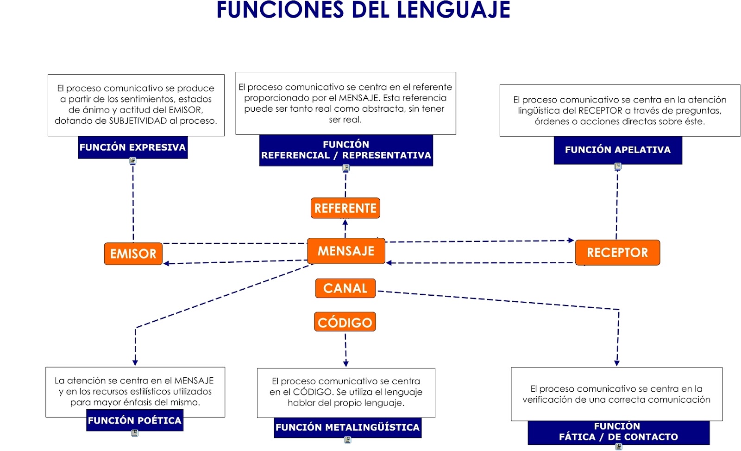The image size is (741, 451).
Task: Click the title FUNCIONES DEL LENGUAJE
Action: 363,10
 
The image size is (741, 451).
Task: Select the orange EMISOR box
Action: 133,254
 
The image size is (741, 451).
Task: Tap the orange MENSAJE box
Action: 345,251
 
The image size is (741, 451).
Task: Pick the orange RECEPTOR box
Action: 617,253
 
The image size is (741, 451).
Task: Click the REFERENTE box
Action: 345,208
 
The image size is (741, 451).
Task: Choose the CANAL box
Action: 345,288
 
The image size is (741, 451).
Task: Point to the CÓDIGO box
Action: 345,322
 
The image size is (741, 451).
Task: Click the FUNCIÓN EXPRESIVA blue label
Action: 132,147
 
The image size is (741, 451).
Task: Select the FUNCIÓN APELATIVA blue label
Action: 617,150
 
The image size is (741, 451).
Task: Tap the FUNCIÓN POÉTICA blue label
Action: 134,420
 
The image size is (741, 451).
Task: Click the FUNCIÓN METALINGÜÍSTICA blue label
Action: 347,427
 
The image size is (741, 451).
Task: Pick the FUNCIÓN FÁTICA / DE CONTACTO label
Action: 618,432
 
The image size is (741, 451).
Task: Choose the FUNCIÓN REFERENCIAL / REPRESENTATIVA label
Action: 346,150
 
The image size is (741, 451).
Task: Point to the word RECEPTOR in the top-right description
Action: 600,111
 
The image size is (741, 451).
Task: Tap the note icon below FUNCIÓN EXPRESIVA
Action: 133,161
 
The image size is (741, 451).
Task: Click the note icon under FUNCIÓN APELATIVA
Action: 618,166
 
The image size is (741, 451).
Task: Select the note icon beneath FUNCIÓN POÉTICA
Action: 135,433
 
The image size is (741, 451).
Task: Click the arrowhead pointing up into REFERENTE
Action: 345,222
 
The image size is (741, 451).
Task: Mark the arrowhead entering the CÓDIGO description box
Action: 346,364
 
